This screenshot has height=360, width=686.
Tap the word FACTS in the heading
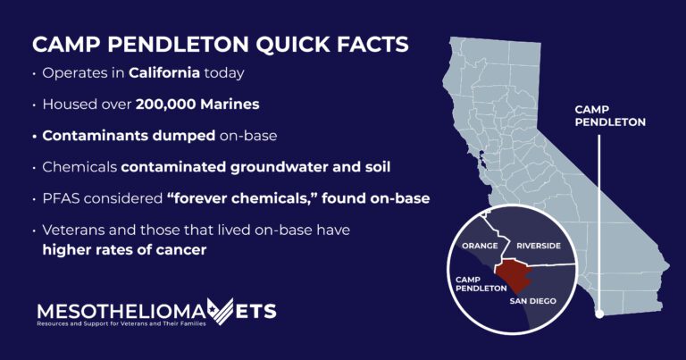372,44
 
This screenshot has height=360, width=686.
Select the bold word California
164,72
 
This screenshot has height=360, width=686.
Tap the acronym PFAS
61,198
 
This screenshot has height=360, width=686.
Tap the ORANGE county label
480,246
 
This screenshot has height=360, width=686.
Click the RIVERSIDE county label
539,246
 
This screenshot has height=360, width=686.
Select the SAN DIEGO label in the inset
533,301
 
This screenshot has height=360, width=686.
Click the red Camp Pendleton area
513,275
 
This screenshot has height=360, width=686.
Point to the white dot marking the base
599,314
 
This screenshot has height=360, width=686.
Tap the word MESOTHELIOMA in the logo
121,312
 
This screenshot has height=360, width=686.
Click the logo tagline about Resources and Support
121,323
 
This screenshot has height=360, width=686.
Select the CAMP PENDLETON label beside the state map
610,116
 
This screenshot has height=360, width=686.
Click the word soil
378,167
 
